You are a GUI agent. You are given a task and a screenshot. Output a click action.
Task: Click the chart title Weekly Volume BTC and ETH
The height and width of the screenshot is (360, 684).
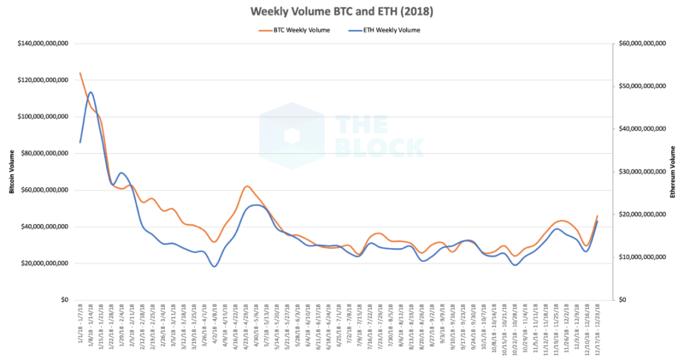point(341,11)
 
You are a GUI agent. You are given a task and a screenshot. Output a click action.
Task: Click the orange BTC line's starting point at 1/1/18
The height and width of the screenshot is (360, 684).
point(80,74)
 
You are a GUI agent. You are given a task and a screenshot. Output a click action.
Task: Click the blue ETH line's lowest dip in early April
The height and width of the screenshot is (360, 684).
point(215,266)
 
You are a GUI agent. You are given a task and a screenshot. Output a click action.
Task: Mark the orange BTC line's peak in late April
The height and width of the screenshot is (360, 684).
point(246,186)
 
